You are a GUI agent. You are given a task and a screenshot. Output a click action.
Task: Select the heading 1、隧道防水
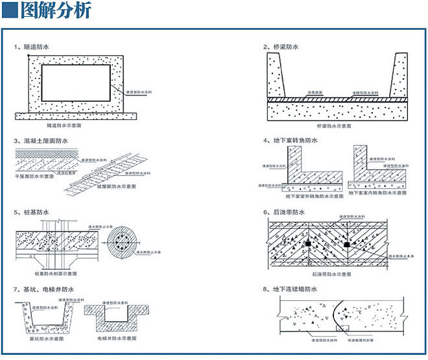pyautogui.click(x=32, y=47)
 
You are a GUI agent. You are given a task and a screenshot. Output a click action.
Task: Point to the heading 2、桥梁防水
pyautogui.click(x=281, y=47)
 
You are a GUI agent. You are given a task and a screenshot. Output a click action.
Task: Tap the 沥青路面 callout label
pyautogui.click(x=305, y=93)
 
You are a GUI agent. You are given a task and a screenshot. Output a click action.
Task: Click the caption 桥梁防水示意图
pyautogui.click(x=333, y=125)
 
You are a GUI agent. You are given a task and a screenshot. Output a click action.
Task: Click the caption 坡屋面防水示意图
pyautogui.click(x=117, y=186)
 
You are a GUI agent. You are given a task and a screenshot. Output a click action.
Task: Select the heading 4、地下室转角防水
pyautogui.click(x=290, y=140)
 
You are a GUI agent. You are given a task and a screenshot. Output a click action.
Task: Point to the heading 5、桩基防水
pyautogui.click(x=32, y=211)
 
